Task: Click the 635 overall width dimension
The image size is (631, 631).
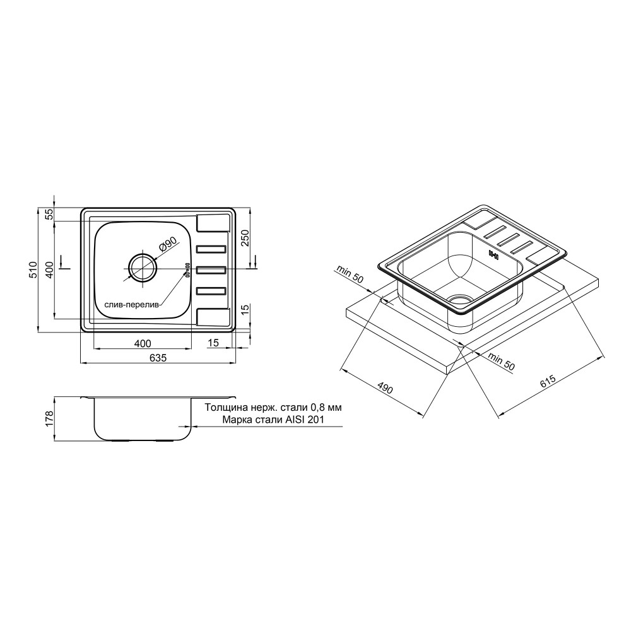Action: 158,357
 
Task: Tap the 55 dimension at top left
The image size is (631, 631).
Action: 49,215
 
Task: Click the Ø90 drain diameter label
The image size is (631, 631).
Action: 167,244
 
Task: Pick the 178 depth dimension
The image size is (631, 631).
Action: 49,418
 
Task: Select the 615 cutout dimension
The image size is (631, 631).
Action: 548,381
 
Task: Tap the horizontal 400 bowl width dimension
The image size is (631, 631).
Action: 143,343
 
